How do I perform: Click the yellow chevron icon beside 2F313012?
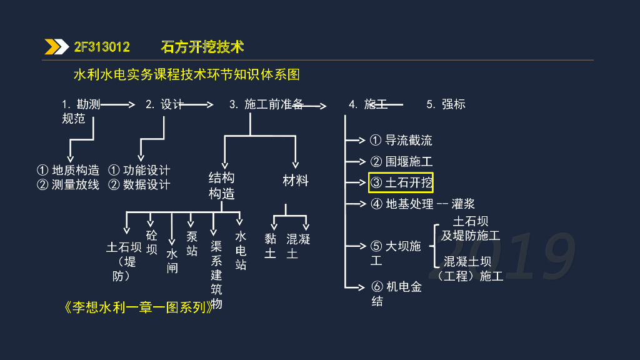pyautogui.click(x=56, y=47)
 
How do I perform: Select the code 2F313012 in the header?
pyautogui.click(x=102, y=47)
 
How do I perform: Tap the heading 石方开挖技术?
pyautogui.click(x=202, y=47)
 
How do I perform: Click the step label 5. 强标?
pyautogui.click(x=446, y=104)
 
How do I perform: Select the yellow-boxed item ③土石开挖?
pyautogui.click(x=401, y=182)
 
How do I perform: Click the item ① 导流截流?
pyautogui.click(x=401, y=140)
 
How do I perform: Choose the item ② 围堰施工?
pyautogui.click(x=401, y=161)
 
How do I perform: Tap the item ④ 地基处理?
pyautogui.click(x=402, y=204)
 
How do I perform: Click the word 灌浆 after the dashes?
pyautogui.click(x=463, y=204)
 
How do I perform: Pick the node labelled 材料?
pyautogui.click(x=296, y=181)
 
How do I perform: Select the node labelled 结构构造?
pyautogui.click(x=221, y=186)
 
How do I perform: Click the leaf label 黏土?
pyautogui.click(x=270, y=246)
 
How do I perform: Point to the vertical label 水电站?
pyautogui.click(x=241, y=250)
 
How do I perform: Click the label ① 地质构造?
pyautogui.click(x=68, y=170)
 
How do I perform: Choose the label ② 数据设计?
pyautogui.click(x=139, y=184)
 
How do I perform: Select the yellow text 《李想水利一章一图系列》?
pyautogui.click(x=138, y=307)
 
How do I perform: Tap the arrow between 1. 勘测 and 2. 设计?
pyautogui.click(x=118, y=104)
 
